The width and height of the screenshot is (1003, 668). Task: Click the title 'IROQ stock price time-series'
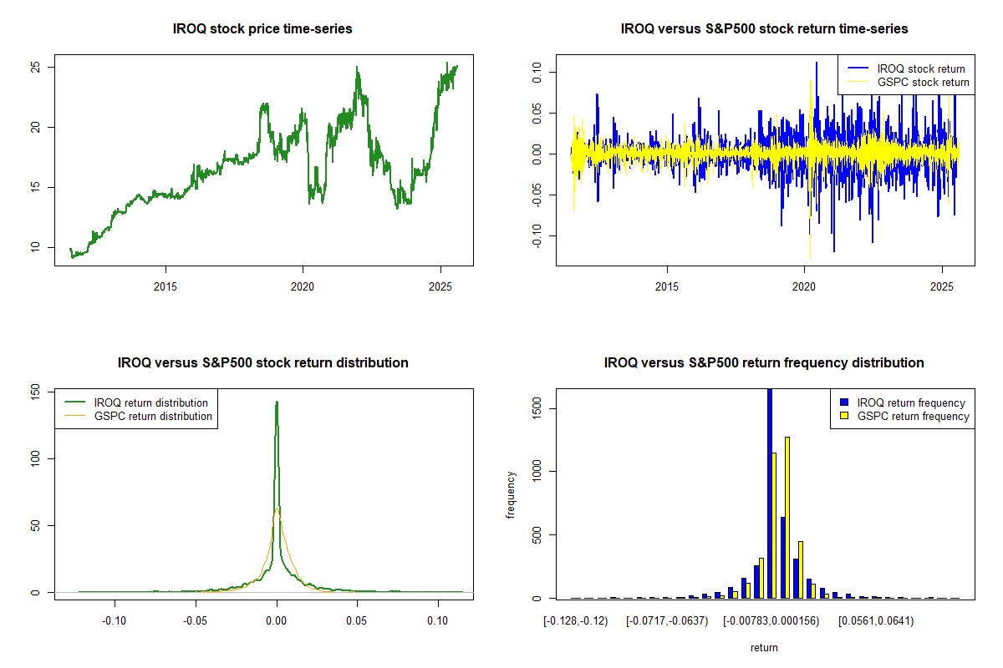tap(262, 29)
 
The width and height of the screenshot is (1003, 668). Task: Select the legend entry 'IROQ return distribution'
tap(151, 402)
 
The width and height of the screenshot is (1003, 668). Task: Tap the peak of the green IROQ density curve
tap(277, 402)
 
